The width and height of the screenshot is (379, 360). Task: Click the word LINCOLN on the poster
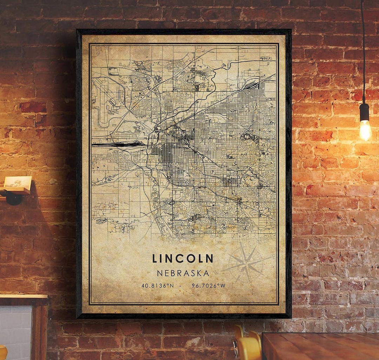click(182, 258)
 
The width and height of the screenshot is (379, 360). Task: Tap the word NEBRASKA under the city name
click(183, 273)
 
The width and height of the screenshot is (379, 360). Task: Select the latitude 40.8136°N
click(158, 286)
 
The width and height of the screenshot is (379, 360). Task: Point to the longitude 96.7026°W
click(208, 286)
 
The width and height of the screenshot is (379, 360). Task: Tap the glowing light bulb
click(365, 130)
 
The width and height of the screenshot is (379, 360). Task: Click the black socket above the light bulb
click(364, 112)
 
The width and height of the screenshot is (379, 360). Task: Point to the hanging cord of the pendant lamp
click(363, 53)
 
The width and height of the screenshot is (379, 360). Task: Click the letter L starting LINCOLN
click(155, 258)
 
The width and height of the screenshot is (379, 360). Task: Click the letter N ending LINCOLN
click(209, 258)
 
